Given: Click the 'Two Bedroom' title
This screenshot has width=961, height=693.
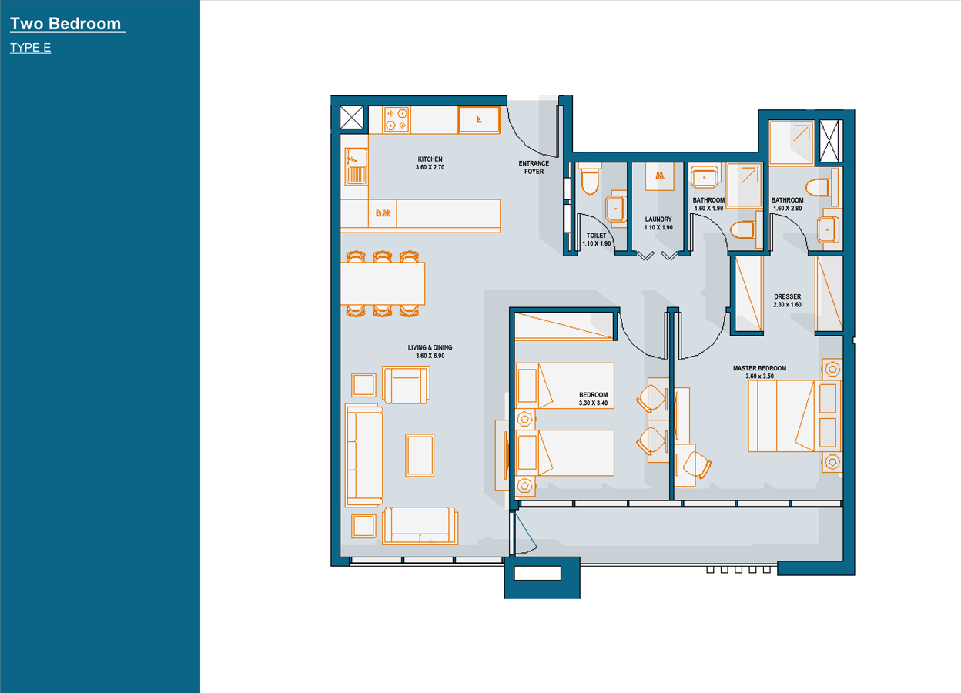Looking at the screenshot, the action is (65, 24).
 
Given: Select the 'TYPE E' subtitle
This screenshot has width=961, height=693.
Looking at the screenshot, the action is (31, 47).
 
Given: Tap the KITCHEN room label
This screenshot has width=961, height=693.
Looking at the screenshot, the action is (430, 159).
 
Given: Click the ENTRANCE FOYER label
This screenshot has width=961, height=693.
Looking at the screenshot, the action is (534, 167).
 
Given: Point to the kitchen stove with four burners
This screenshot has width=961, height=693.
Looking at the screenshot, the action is (397, 119).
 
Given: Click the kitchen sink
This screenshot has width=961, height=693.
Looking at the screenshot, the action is (356, 166).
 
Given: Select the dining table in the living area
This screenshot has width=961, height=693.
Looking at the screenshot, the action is (383, 283).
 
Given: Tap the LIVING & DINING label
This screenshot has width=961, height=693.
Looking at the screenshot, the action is (430, 347).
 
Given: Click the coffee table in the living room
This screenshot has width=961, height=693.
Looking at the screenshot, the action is (420, 455).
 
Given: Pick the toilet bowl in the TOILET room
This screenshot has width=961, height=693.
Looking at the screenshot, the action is (590, 179).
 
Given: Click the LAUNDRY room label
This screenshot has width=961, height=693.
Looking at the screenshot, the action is (658, 219).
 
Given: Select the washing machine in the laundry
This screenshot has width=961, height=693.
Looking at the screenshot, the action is (660, 176).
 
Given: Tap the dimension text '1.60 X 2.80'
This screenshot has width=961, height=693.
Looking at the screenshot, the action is (787, 209).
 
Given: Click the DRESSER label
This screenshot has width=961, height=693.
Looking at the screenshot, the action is (787, 296).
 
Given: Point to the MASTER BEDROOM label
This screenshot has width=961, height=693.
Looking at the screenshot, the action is (759, 368).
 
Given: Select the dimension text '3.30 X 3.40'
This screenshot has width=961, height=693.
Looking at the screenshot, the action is (594, 403).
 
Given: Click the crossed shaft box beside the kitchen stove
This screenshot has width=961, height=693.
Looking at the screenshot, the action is (351, 117).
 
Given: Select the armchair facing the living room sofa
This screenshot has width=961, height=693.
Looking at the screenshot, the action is (407, 385).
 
